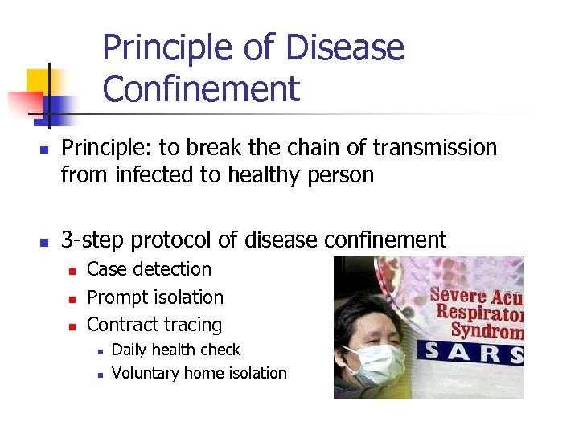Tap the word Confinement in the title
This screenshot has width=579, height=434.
tap(201, 89)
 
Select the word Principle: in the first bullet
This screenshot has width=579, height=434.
tap(103, 148)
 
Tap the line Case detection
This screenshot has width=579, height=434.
tap(149, 269)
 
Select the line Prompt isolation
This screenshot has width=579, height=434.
tap(155, 297)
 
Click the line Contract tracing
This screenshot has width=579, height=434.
tap(154, 325)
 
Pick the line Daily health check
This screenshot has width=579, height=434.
tap(176, 350)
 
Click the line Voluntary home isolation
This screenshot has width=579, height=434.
tap(199, 373)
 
